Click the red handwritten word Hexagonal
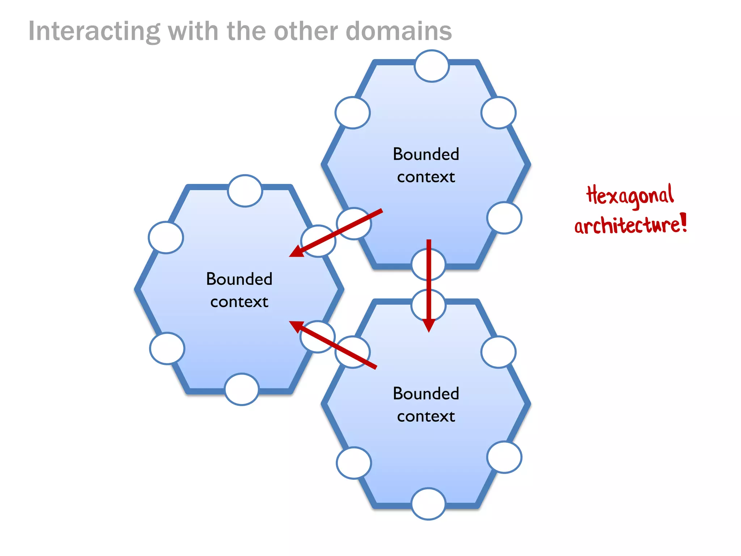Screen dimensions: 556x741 tap(630, 195)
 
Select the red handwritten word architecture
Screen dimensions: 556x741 tap(626, 225)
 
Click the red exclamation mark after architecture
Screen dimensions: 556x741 tap(683, 222)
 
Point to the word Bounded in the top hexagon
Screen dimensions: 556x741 tap(426, 154)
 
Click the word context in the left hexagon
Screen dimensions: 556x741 tap(239, 302)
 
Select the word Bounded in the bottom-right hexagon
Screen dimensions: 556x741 tap(426, 393)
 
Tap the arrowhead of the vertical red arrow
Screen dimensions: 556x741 tap(429, 325)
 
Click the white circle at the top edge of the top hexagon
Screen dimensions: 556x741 tap(432, 66)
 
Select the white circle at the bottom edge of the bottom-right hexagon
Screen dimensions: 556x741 tap(428, 504)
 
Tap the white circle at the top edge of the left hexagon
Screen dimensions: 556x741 tap(245, 191)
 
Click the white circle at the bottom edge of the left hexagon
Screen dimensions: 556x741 tap(242, 389)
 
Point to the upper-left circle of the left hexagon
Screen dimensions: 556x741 tap(166, 237)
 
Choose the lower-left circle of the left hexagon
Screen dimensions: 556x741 tap(167, 348)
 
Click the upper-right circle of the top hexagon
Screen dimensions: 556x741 tap(498, 113)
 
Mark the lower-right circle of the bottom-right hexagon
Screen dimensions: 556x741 tap(504, 457)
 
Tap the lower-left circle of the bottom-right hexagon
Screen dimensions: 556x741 tap(354, 463)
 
